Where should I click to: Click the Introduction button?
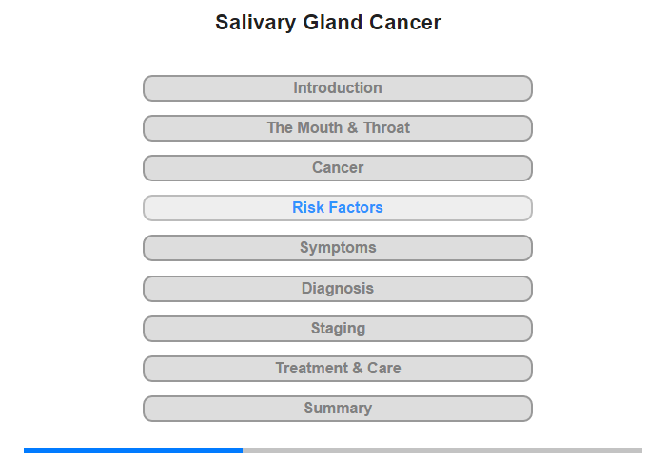[x=337, y=88]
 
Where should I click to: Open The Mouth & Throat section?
[x=337, y=128]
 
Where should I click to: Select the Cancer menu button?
[x=337, y=168]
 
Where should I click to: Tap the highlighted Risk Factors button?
[x=337, y=208]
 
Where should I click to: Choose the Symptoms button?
[x=337, y=248]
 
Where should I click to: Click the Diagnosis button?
[x=337, y=289]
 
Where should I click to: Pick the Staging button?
[x=337, y=329]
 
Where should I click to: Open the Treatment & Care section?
[x=337, y=369]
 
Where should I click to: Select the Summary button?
[x=337, y=408]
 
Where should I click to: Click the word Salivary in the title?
[x=255, y=23]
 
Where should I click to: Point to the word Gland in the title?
[x=333, y=22]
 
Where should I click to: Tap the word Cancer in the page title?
[x=405, y=22]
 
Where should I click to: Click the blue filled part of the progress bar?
[x=133, y=450]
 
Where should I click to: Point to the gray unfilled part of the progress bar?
[x=442, y=450]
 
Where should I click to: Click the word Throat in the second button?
[x=386, y=127]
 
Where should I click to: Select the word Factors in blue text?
[x=355, y=207]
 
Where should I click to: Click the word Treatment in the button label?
[x=312, y=368]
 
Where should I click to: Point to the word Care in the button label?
[x=384, y=368]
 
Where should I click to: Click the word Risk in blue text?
[x=308, y=207]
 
